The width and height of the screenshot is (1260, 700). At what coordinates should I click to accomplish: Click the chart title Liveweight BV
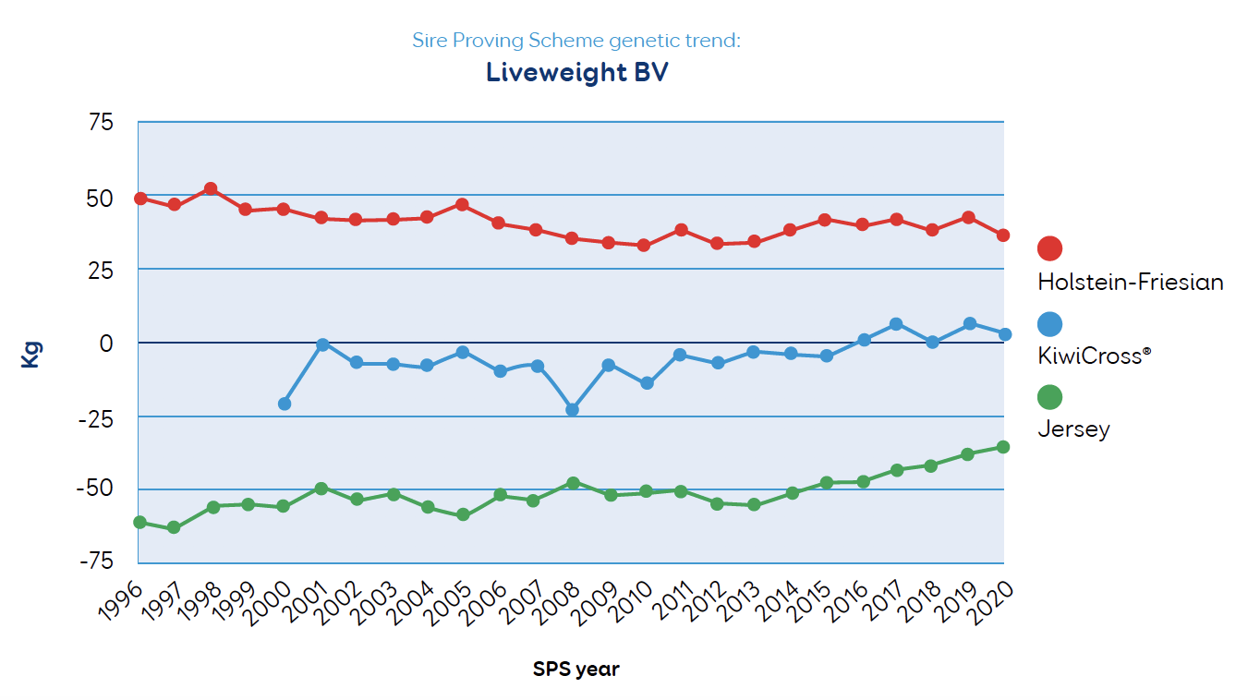576,73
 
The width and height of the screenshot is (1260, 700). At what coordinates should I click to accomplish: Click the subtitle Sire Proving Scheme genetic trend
576,41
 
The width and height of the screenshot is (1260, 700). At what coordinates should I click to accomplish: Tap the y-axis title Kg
30,355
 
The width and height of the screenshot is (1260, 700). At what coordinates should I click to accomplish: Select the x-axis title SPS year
575,669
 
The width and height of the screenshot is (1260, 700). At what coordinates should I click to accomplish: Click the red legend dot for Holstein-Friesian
1049,248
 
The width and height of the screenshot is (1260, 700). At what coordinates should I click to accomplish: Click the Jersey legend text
1073,429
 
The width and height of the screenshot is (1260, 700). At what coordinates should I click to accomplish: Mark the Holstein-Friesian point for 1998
211,188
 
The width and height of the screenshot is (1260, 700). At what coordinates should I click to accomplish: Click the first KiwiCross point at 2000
285,404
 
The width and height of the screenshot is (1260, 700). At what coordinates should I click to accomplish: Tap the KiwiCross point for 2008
572,409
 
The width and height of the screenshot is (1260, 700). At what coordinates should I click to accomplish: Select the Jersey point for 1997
174,527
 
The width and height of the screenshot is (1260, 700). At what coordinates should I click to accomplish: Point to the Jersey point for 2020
1003,447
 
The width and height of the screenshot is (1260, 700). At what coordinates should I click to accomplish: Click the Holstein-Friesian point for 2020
1003,235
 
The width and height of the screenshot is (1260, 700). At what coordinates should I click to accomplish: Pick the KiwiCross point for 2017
896,324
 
